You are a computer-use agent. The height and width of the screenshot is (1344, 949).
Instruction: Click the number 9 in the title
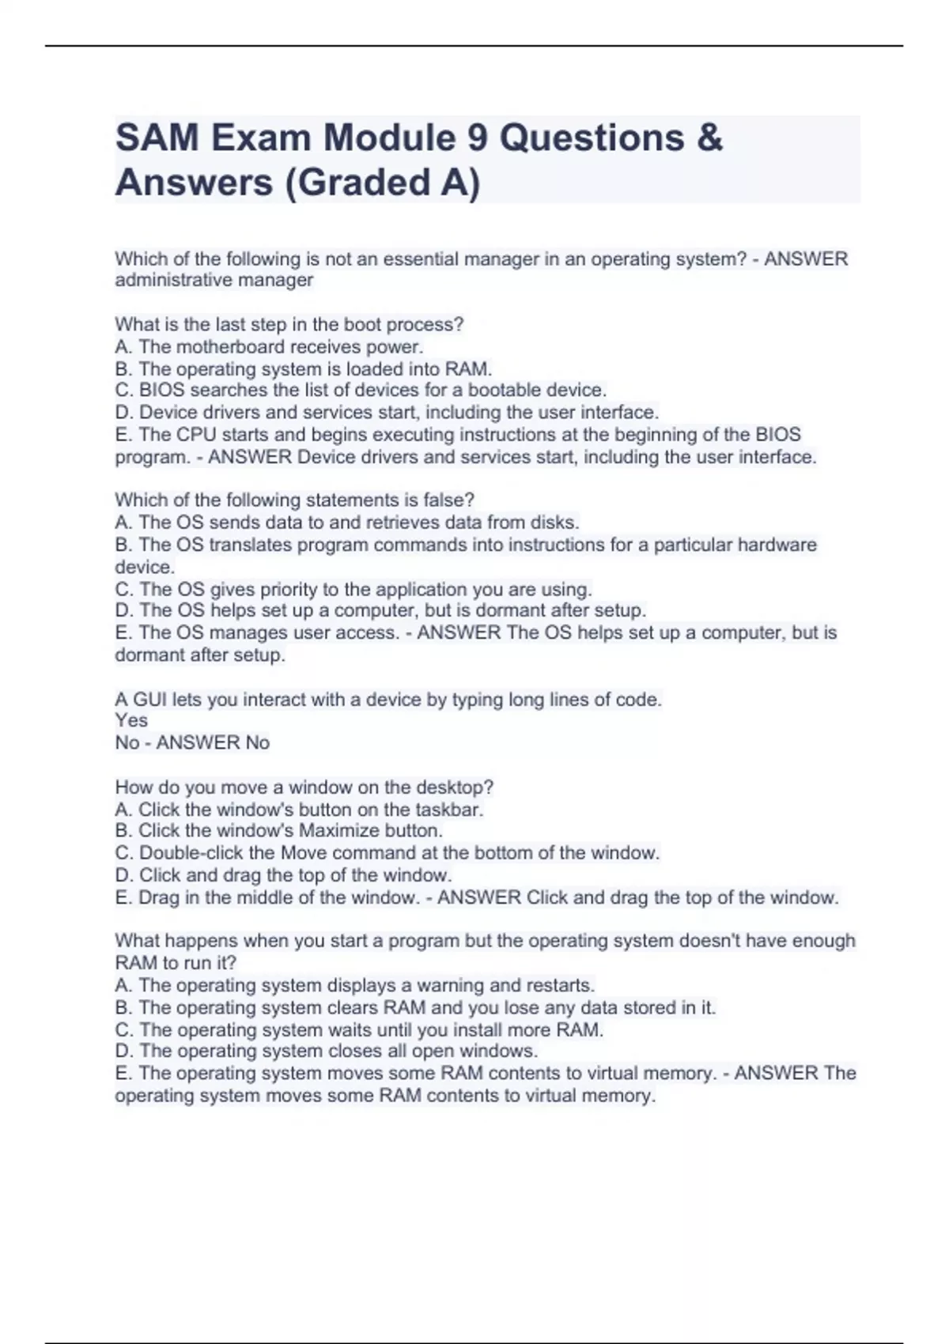pos(477,138)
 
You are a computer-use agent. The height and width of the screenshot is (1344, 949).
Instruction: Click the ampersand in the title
pos(710,138)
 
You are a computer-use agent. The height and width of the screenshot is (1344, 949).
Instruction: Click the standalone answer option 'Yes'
pos(131,720)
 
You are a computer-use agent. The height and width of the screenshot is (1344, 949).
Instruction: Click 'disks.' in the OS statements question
pos(556,522)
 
